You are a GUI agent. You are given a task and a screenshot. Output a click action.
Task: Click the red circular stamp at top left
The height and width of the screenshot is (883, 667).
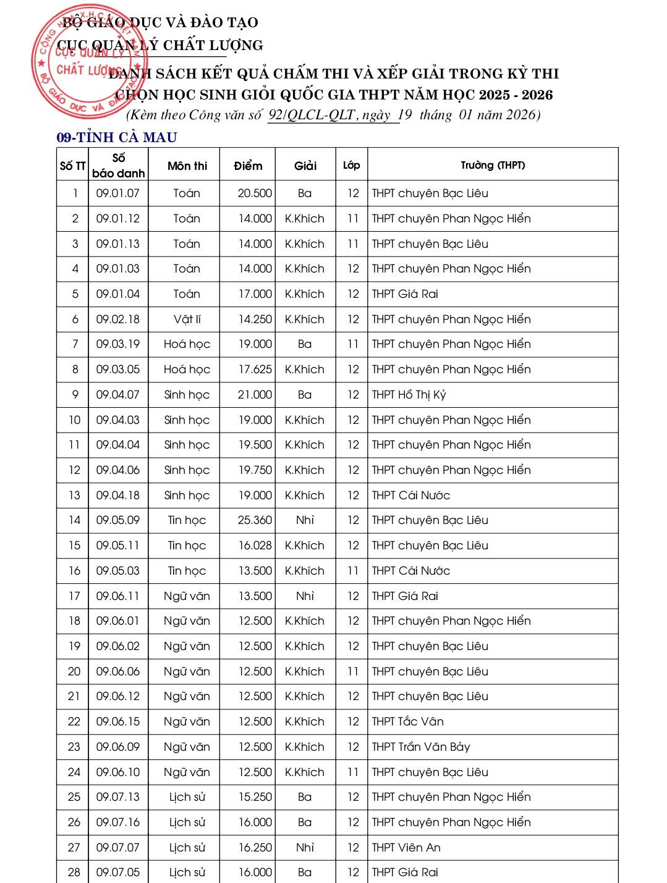coord(90,61)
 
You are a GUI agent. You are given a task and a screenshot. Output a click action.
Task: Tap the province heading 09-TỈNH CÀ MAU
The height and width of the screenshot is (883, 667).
coord(117,137)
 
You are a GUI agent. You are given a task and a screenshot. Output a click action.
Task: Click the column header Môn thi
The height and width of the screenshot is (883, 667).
coord(187,166)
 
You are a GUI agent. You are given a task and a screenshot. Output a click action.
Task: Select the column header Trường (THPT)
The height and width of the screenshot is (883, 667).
coord(492,165)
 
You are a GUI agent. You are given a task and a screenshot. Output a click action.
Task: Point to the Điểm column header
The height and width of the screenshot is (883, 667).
coord(248,166)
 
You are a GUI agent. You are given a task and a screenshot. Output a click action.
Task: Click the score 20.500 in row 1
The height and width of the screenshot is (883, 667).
coord(255,193)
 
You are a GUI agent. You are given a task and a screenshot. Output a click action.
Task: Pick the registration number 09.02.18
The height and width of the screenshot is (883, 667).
coord(118,319)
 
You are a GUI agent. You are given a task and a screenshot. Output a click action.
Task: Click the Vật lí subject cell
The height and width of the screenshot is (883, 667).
coord(187,319)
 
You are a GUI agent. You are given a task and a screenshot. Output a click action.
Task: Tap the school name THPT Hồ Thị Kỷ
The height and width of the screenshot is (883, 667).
coord(409,395)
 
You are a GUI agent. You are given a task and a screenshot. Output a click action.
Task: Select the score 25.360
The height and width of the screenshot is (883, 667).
coord(255,520)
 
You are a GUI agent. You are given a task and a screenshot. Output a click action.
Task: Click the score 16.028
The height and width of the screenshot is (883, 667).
coord(255,546)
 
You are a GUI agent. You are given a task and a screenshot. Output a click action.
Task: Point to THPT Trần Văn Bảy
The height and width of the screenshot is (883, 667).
coord(420,747)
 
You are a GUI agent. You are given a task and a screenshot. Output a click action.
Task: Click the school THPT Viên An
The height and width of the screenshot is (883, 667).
coord(406,848)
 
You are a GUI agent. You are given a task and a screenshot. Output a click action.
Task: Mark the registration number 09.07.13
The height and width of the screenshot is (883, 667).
coord(118,797)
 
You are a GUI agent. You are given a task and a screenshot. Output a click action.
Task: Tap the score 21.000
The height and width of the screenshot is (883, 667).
coord(255,395)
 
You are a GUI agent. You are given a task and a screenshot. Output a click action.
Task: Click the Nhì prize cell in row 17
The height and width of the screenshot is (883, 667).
coord(305,596)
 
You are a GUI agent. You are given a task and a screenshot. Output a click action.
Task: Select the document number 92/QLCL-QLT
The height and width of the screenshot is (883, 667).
coord(312,115)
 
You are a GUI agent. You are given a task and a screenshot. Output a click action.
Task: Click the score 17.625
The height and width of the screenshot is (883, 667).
coord(255,370)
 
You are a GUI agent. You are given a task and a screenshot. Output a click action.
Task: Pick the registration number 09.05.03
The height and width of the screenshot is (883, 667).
coord(118,571)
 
